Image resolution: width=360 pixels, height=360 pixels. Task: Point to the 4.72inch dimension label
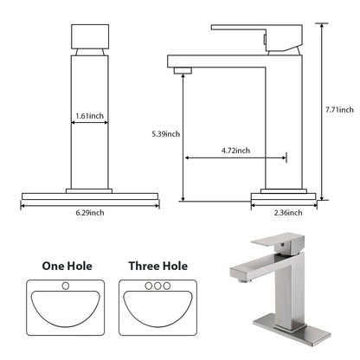click(x=235, y=149)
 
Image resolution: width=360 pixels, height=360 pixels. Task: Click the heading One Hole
click(x=67, y=267)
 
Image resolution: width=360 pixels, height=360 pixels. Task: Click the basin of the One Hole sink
click(x=67, y=309)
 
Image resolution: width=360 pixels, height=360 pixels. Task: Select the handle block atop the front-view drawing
click(x=89, y=37)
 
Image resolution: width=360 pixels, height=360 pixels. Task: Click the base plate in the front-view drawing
click(x=90, y=196)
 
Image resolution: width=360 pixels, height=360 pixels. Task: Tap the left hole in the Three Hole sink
click(x=147, y=286)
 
